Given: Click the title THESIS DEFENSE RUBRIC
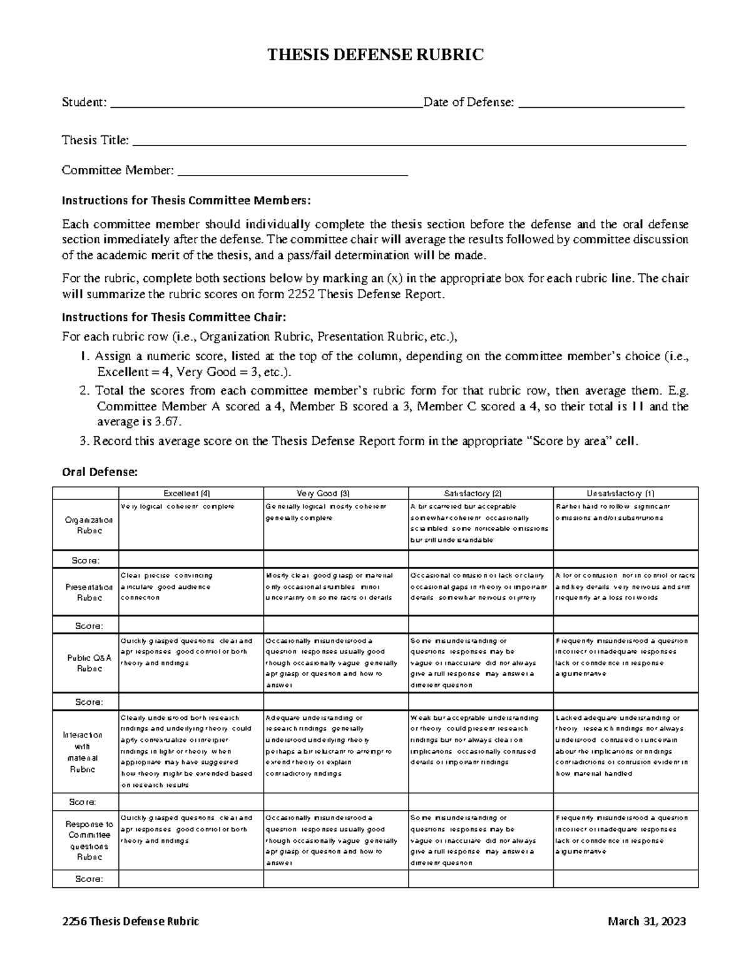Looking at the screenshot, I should pos(375,56).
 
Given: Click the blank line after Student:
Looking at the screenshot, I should pos(266,103).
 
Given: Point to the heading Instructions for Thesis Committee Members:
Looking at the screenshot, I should pos(186,200).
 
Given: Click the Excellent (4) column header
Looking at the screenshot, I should pos(191,493).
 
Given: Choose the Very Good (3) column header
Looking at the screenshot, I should pos(335,493).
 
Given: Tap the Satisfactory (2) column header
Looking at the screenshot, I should pos(480,493).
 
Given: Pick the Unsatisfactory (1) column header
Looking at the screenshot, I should pos(625,493).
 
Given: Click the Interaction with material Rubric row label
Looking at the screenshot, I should pos(85,752).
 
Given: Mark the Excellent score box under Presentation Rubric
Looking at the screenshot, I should pos(191,625).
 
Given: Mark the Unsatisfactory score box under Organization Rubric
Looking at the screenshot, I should pos(625,560).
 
